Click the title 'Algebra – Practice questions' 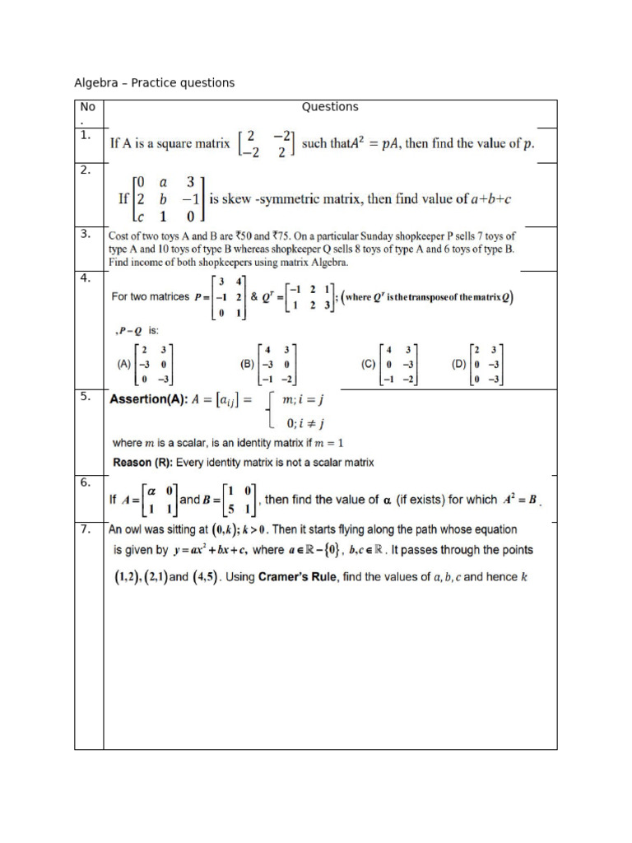[155, 82]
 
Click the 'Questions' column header [330, 106]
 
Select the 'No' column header [87, 107]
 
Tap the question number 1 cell [85, 135]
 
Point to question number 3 [85, 234]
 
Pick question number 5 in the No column [85, 396]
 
